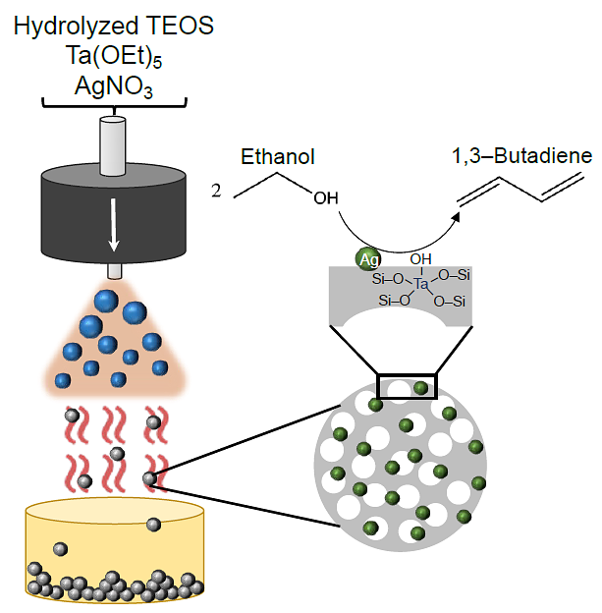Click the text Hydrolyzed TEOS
(x=114, y=27)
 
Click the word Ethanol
(x=277, y=157)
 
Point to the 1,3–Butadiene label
(x=521, y=156)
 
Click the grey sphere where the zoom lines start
(x=149, y=478)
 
